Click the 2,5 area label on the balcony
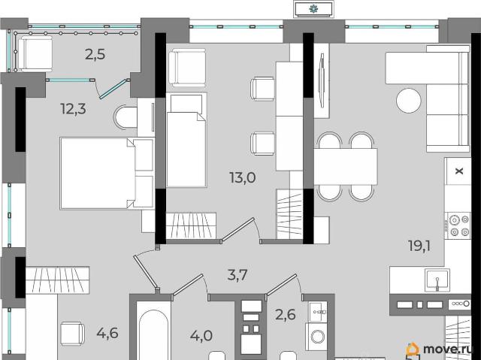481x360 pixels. tap(95, 55)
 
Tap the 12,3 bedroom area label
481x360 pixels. tap(74, 109)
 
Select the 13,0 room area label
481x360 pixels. tap(243, 178)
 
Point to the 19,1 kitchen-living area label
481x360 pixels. tap(419, 246)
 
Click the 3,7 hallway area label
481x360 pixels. tap(237, 275)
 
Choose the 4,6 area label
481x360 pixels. tap(107, 333)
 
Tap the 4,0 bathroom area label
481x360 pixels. tap(201, 336)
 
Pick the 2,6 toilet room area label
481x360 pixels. tap(286, 315)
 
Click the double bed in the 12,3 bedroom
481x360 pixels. tap(107, 174)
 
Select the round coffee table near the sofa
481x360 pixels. tap(409, 101)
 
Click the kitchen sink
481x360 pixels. tap(437, 280)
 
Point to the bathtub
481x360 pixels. tap(153, 334)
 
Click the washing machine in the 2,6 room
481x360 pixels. tap(317, 337)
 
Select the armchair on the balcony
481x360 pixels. tap(35, 53)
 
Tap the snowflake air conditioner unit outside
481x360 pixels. tap(313, 10)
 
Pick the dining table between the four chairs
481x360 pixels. tap(346, 167)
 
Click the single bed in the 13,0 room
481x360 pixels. tap(186, 140)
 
